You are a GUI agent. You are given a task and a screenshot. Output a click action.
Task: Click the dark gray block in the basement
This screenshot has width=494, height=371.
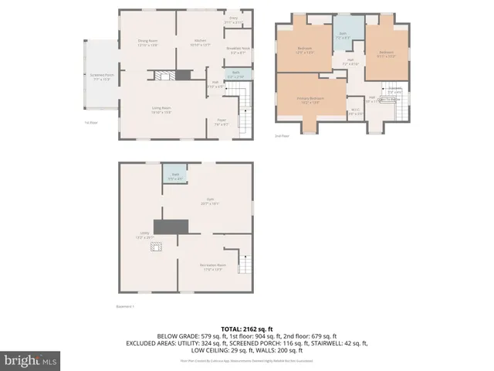click(x=171, y=226)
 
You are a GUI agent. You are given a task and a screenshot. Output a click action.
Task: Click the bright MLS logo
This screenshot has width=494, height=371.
click(x=29, y=359)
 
